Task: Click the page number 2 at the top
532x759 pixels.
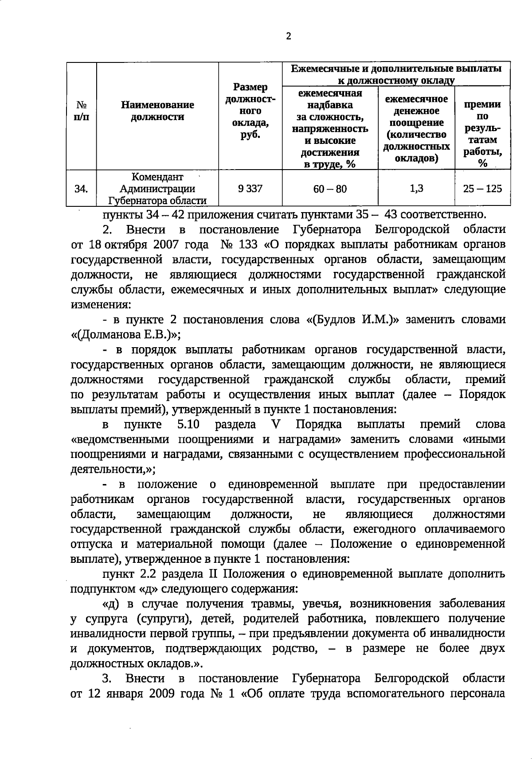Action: pos(289,37)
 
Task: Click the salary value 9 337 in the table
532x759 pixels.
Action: pos(250,189)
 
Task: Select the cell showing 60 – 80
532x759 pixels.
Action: pos(330,189)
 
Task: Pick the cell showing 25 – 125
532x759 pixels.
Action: pos(482,189)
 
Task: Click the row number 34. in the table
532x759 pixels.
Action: pos(81,189)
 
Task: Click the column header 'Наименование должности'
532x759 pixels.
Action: pos(157,111)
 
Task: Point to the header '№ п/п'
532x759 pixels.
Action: pos(82,111)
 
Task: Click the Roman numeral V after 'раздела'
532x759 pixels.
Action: pos(275,424)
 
